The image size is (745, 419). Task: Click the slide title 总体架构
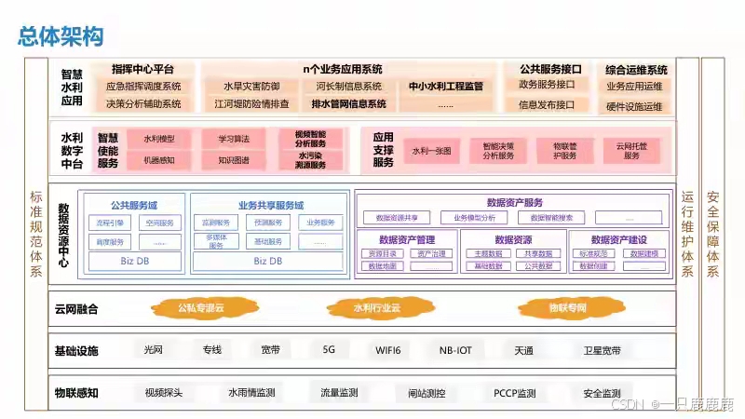[x=61, y=37]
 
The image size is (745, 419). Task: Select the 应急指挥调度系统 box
[x=143, y=87]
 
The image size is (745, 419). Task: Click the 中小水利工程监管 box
[x=446, y=87]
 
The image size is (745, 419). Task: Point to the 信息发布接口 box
[x=547, y=104]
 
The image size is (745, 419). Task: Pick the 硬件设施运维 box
[x=634, y=105]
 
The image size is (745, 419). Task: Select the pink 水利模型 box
[x=158, y=139]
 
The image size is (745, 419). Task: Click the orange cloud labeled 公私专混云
[x=201, y=307]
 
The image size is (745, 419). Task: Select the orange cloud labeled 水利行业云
[x=376, y=307]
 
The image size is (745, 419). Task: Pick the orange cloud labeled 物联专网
[x=566, y=307]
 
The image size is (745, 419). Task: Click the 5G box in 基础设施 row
[x=329, y=351]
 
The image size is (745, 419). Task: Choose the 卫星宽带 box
[x=602, y=351]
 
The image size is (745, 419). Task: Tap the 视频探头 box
[x=164, y=393]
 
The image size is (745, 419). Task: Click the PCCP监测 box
[x=514, y=393]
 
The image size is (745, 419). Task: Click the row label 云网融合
[x=76, y=308]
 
